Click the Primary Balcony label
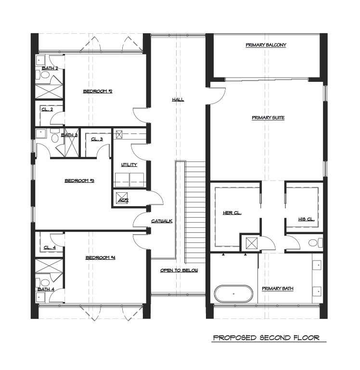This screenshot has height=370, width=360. tap(266, 45)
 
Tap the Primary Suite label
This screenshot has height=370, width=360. tap(268, 117)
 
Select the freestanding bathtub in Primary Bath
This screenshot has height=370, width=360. tap(233, 293)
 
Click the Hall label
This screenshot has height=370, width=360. tap(178, 100)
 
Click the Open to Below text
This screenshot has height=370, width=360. tap(179, 270)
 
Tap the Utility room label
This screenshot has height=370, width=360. tap(129, 165)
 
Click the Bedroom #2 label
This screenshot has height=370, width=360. tap(98, 91)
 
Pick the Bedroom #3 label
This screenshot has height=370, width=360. tap(79, 181)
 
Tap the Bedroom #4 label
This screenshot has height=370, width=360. tap(101, 257)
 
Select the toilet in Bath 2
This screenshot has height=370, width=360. tap(45, 76)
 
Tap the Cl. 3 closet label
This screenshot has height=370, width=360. tap(96, 139)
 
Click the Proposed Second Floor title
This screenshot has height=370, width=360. tap(266, 338)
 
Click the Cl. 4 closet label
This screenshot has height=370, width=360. tap(50, 247)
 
